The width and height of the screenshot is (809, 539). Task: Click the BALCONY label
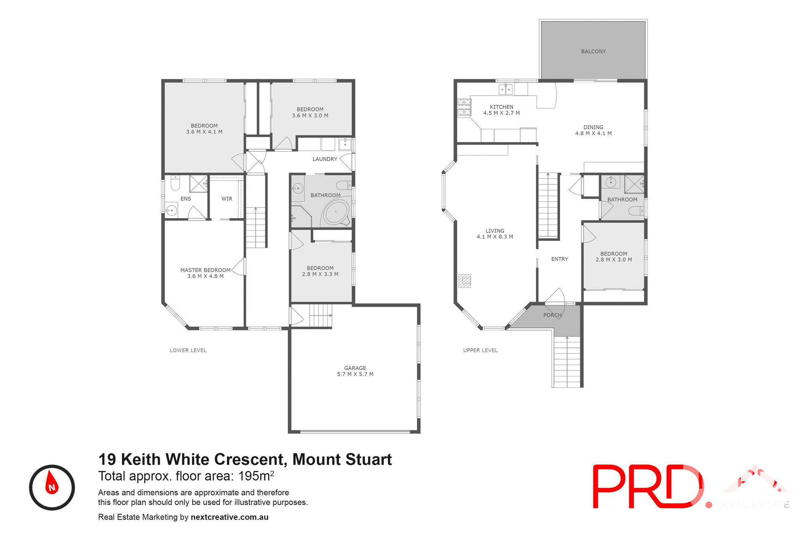click(593, 51)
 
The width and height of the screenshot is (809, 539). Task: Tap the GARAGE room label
click(355, 368)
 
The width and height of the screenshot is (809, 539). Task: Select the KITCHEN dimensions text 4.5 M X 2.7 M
click(501, 113)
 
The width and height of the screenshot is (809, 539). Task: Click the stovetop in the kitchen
click(464, 107)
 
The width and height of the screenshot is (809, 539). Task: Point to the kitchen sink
click(506, 89)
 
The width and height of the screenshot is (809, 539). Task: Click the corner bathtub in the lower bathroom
click(336, 212)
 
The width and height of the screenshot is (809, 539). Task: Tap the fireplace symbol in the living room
click(465, 280)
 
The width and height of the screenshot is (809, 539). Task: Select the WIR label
click(227, 199)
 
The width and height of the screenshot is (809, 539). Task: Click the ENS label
click(186, 199)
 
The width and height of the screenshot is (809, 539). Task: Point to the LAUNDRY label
click(325, 159)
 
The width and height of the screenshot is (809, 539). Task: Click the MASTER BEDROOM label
click(205, 270)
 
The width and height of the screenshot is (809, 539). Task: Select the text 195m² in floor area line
click(256, 476)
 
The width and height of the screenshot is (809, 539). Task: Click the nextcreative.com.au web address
click(230, 517)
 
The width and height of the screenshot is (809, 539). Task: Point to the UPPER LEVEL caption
click(480, 350)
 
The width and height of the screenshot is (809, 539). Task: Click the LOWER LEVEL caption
click(188, 350)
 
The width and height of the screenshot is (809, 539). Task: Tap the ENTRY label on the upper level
click(560, 259)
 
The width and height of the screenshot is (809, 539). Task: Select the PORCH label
click(552, 315)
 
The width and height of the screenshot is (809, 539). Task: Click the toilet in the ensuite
click(175, 184)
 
